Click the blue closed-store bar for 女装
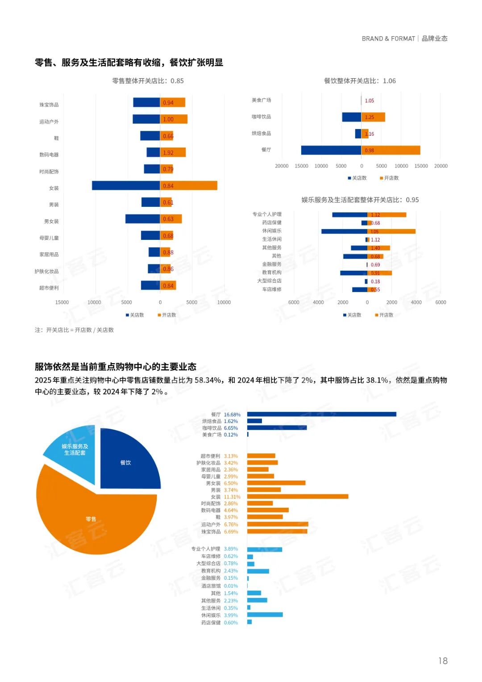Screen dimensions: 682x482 coord(126,185)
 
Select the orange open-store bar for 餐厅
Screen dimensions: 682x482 coord(391,150)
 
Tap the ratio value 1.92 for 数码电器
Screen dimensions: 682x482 coord(168,153)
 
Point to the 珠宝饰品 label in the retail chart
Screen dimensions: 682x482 coord(49,105)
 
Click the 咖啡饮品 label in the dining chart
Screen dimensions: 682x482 coord(262,117)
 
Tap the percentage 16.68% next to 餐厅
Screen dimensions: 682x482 coord(232,414)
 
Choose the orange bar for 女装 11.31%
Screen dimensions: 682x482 coord(298,497)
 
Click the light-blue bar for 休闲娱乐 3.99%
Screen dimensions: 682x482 coord(265,615)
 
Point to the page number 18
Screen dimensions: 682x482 coord(443,661)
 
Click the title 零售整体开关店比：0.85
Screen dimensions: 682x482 coord(148,81)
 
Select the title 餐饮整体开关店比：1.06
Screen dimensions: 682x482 coord(360,81)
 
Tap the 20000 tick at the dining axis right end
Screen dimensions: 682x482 coord(440,166)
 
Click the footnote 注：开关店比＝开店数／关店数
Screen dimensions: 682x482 coord(75,330)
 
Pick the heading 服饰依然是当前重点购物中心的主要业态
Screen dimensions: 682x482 coord(116,367)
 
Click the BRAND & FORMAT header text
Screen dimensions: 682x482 coord(388,39)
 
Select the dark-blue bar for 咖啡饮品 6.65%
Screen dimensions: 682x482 coord(277,428)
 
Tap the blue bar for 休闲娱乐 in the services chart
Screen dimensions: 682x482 coord(344,231)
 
